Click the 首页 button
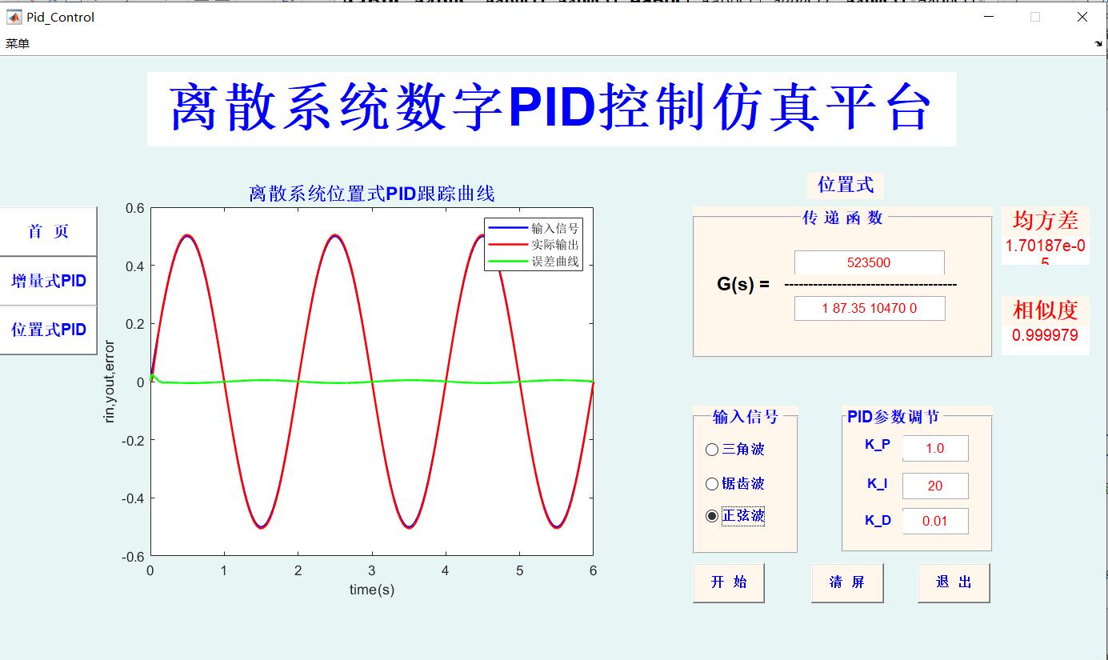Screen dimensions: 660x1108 point(48,232)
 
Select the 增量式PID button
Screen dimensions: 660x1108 point(48,281)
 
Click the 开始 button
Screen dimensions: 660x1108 point(728,582)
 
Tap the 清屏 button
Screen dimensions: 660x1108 point(847,582)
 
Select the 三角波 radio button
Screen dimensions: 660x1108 point(712,450)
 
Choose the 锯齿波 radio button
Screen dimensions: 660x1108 point(712,484)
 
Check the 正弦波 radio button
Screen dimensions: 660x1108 point(712,517)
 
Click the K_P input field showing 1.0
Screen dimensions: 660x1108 point(934,449)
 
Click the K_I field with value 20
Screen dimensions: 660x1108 point(934,486)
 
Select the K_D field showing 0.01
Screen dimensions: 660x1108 point(934,521)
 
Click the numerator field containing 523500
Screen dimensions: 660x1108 point(869,262)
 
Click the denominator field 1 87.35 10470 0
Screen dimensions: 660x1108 point(869,308)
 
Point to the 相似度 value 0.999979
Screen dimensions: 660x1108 point(1045,335)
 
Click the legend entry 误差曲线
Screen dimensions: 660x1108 point(554,262)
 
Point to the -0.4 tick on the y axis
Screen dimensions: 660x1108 point(134,498)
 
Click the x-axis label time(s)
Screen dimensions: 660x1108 point(371,590)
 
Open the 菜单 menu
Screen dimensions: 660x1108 point(17,43)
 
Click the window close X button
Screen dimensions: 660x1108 point(1082,17)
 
